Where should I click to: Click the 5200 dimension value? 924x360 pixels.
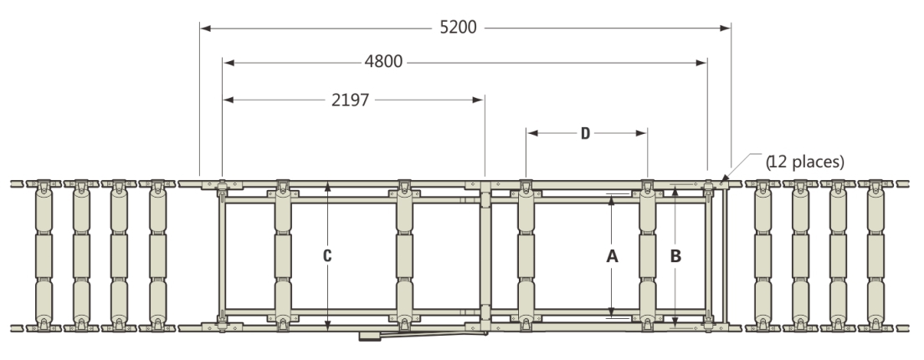pyautogui.click(x=458, y=28)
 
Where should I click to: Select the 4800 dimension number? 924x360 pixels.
pyautogui.click(x=383, y=62)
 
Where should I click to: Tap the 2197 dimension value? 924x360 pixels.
pyautogui.click(x=350, y=100)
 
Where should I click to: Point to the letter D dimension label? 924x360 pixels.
pyautogui.click(x=585, y=133)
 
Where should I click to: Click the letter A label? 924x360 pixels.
pyautogui.click(x=613, y=256)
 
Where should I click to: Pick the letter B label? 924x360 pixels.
pyautogui.click(x=676, y=256)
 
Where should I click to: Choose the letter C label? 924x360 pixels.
pyautogui.click(x=327, y=255)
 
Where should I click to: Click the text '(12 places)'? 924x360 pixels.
pyautogui.click(x=805, y=162)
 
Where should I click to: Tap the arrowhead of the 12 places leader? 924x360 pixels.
pyautogui.click(x=724, y=177)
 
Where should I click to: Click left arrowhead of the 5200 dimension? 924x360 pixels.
pyautogui.click(x=205, y=28)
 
